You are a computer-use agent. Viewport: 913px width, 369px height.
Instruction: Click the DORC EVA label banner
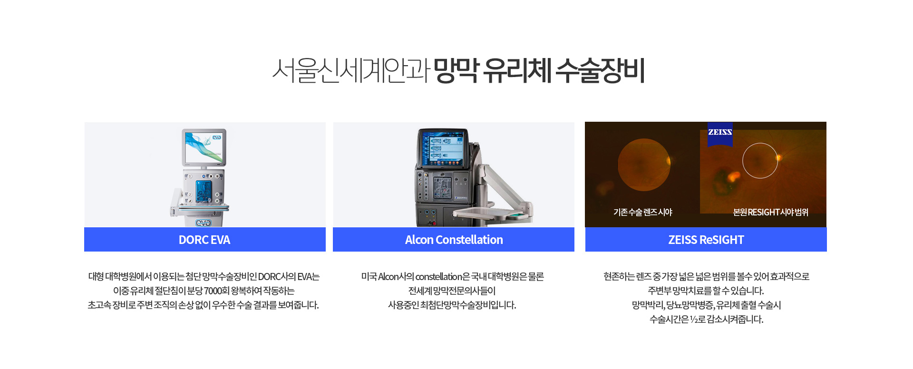(205, 239)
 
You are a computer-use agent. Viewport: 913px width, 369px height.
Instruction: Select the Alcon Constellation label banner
(454, 239)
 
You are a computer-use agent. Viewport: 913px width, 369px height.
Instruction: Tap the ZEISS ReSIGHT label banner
(706, 239)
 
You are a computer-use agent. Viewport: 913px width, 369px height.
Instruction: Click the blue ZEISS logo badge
(720, 134)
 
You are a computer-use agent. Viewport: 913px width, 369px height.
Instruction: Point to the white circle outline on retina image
(760, 143)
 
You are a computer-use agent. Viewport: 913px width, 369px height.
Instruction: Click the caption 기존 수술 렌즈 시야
(642, 212)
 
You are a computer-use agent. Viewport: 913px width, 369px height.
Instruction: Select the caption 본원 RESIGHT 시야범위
(770, 212)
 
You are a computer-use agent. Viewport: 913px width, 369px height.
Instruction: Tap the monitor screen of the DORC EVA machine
(204, 147)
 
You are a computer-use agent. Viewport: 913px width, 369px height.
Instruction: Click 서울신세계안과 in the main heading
(351, 70)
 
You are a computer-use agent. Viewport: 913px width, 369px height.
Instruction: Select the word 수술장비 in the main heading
(600, 70)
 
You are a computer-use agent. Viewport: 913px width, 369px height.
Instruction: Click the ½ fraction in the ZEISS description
(694, 319)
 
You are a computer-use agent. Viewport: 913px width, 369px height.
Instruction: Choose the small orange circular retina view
(643, 165)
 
